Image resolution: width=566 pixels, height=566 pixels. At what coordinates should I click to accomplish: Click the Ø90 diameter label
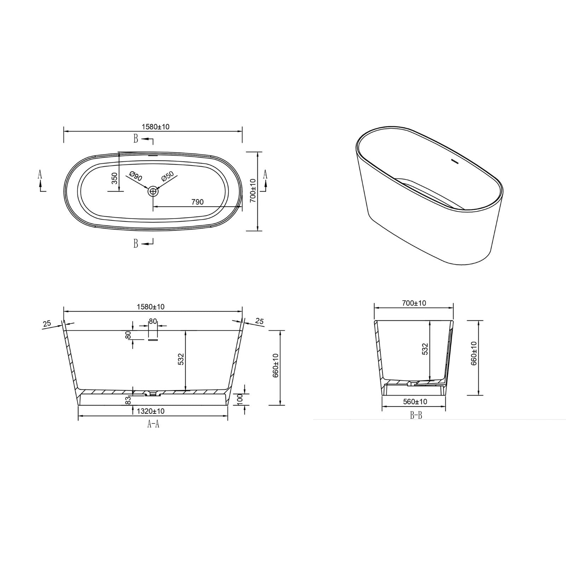pos(136,176)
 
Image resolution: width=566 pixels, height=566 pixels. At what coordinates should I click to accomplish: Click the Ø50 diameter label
pos(167,176)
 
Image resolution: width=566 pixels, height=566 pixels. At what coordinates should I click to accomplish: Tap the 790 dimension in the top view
pos(197,202)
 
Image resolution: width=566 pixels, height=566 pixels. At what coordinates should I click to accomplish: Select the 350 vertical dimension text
pos(114,179)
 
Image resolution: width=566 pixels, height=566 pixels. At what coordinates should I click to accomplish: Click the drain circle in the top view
pos(153,191)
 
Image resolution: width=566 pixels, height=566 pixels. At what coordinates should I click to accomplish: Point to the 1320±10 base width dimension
pos(151,411)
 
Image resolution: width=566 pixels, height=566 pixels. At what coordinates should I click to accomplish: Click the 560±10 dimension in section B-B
pos(415,402)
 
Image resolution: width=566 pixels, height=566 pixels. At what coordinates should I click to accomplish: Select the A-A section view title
pos(153,424)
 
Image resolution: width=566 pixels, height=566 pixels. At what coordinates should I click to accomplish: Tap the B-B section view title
pos(416,416)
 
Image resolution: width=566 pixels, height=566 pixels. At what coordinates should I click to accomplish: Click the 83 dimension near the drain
pos(128,400)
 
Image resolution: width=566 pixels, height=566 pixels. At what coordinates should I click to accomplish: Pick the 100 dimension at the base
pos(240,399)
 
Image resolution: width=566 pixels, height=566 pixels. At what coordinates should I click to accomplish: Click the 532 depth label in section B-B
pos(425,349)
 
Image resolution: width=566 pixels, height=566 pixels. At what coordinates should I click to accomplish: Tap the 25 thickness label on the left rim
pos(47,323)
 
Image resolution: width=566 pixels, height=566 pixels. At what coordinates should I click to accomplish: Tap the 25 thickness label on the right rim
pos(259,321)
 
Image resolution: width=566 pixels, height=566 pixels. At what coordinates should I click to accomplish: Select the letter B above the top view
pos(135,139)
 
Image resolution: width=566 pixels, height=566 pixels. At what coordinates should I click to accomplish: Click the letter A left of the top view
pos(40,174)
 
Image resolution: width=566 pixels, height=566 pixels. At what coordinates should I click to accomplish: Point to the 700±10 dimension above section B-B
pos(414,303)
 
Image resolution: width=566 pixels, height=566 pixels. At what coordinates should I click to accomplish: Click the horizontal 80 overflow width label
pos(153,321)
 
